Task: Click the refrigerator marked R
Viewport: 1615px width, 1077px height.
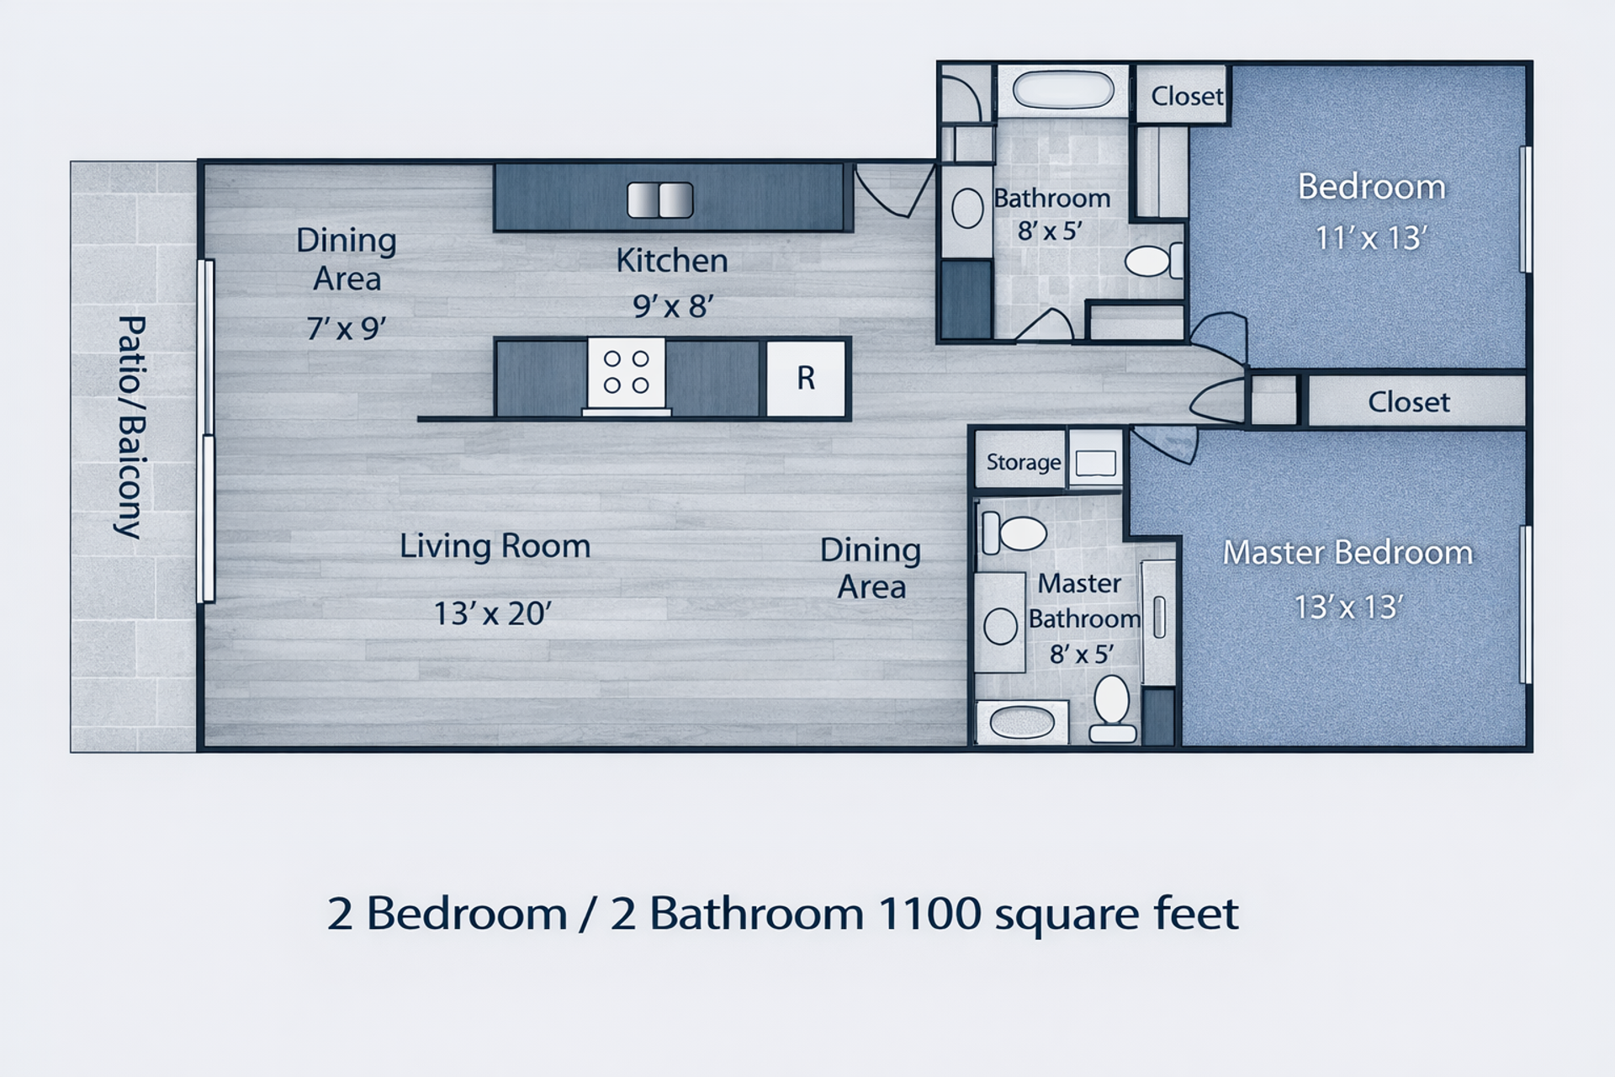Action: pyautogui.click(x=806, y=379)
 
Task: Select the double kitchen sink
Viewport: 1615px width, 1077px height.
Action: pyautogui.click(x=660, y=200)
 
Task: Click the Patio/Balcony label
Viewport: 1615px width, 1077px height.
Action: pyautogui.click(x=130, y=427)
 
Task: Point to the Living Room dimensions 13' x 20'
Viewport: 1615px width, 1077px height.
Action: pyautogui.click(x=493, y=613)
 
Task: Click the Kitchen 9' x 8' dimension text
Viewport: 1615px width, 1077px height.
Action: pyautogui.click(x=673, y=305)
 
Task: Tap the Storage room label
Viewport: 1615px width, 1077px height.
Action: pyautogui.click(x=1023, y=462)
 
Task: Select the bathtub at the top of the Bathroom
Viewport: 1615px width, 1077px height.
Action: pyautogui.click(x=1063, y=90)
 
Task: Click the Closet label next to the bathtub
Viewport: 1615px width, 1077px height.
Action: pyautogui.click(x=1187, y=96)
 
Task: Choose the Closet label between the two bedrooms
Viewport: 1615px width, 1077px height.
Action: pyautogui.click(x=1409, y=402)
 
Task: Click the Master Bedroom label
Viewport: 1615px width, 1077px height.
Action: pyautogui.click(x=1348, y=553)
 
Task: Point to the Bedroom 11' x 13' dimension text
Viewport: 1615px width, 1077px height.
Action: pyautogui.click(x=1371, y=238)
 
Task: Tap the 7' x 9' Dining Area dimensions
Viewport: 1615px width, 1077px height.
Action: pyautogui.click(x=347, y=327)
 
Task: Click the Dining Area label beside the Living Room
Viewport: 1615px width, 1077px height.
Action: pyautogui.click(x=871, y=568)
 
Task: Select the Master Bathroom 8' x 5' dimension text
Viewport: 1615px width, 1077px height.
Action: pyautogui.click(x=1082, y=654)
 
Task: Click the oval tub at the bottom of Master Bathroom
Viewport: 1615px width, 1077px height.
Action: pyautogui.click(x=1022, y=722)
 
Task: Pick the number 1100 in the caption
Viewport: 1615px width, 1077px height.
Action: pyautogui.click(x=929, y=913)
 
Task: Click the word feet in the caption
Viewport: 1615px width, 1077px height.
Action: pyautogui.click(x=1196, y=912)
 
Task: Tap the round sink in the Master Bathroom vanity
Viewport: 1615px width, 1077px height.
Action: pyautogui.click(x=1000, y=627)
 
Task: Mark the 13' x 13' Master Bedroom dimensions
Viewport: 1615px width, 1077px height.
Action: pyautogui.click(x=1348, y=607)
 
